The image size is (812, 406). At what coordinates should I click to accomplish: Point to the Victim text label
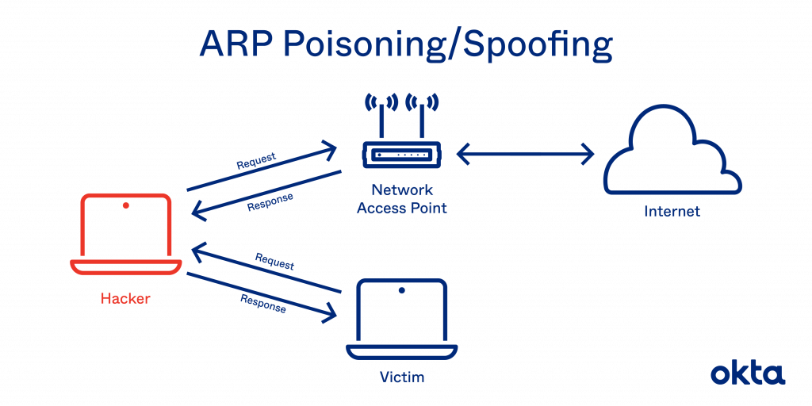(x=401, y=378)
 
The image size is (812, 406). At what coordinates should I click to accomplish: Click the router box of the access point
(x=402, y=155)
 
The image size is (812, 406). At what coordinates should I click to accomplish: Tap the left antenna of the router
(x=379, y=119)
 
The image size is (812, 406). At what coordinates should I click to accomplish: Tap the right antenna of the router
(x=422, y=119)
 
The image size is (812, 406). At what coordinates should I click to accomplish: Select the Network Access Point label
(x=403, y=198)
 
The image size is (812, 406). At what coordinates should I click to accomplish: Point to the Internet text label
(x=672, y=212)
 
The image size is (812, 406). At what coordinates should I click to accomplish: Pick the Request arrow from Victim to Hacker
(x=266, y=270)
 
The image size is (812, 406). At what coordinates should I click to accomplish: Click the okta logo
(x=746, y=373)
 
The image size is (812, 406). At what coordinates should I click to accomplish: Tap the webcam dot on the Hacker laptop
(x=125, y=206)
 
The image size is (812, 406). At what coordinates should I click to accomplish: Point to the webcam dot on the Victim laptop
(x=401, y=291)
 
